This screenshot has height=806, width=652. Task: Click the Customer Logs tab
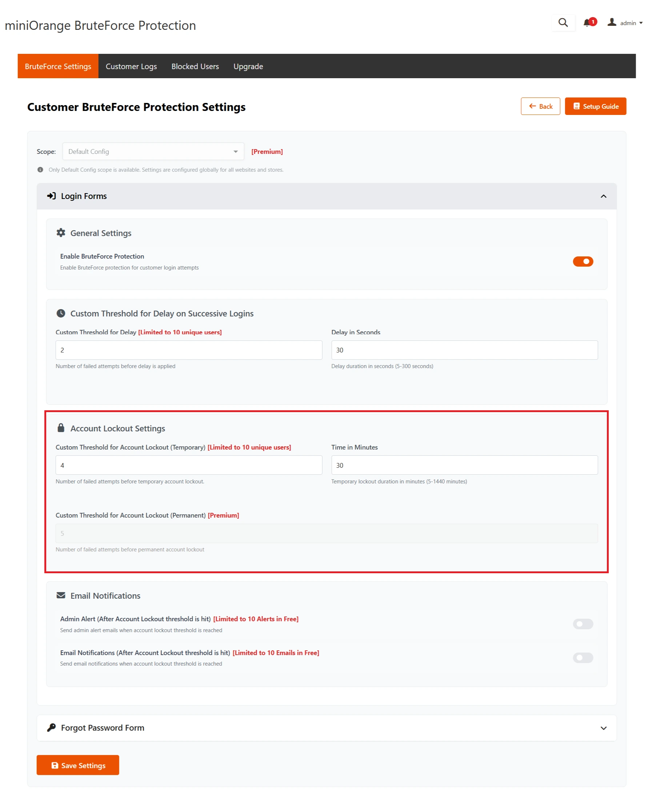pyautogui.click(x=131, y=67)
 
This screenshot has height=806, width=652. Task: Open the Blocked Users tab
pyautogui.click(x=195, y=67)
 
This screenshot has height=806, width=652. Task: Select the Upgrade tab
pyautogui.click(x=248, y=67)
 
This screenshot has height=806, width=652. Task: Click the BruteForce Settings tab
pyautogui.click(x=58, y=67)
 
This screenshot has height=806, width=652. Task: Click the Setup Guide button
pyautogui.click(x=595, y=106)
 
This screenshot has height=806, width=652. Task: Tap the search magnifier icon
pyautogui.click(x=563, y=23)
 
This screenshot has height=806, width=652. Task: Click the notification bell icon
pyautogui.click(x=587, y=23)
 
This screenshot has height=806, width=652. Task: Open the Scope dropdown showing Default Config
pyautogui.click(x=153, y=151)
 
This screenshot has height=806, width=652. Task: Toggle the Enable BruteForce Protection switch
pyautogui.click(x=583, y=262)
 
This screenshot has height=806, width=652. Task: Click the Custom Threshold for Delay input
pyautogui.click(x=188, y=350)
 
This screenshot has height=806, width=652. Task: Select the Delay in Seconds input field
pyautogui.click(x=464, y=350)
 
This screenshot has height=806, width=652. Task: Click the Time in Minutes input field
pyautogui.click(x=464, y=465)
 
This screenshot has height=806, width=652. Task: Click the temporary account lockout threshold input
pyautogui.click(x=188, y=465)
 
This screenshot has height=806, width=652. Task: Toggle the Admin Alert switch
pyautogui.click(x=583, y=624)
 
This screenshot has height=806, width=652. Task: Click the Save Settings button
pyautogui.click(x=78, y=765)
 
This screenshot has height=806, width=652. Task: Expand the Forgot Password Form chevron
pyautogui.click(x=603, y=728)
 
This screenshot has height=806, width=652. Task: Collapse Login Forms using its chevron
pyautogui.click(x=603, y=196)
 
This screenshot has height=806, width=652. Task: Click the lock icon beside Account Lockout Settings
pyautogui.click(x=61, y=428)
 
